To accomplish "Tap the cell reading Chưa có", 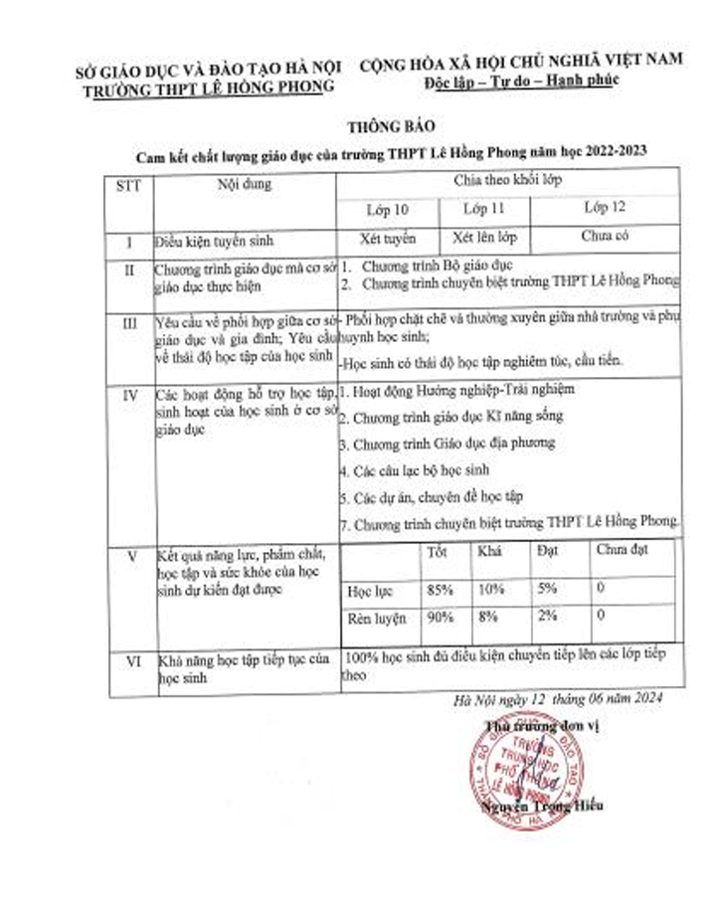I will (605, 238).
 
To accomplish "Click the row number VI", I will (129, 660).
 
